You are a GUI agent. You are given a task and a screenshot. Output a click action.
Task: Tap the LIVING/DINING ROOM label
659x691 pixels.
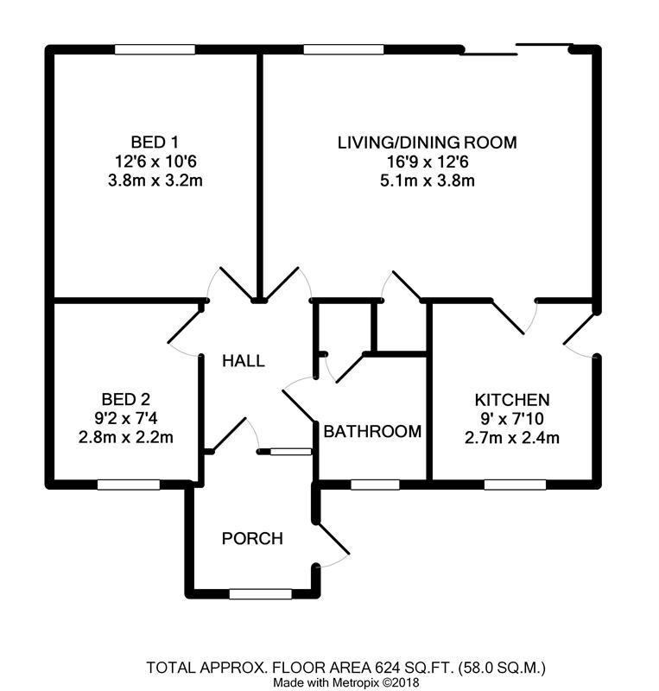[x=427, y=142]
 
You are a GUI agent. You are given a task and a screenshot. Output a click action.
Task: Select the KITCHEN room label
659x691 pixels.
[x=512, y=400]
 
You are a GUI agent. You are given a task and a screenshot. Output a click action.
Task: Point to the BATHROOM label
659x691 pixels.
[x=372, y=431]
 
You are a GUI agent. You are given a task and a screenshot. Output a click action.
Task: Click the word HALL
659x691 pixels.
[x=243, y=361]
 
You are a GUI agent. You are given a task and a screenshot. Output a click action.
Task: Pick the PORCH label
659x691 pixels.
[x=252, y=539]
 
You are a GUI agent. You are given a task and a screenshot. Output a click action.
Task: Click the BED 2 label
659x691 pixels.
[x=126, y=399]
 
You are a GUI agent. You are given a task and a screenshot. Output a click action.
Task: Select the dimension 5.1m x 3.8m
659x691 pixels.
[x=427, y=181]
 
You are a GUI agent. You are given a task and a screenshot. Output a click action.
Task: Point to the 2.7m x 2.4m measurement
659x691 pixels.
[x=512, y=438]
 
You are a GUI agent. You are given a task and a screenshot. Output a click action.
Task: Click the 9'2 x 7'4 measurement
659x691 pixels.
[x=126, y=418]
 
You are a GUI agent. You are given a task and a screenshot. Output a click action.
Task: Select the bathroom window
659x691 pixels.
[x=374, y=485]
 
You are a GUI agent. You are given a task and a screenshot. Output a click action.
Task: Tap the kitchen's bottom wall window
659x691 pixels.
[x=514, y=485]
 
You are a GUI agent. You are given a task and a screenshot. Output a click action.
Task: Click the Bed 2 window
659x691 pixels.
[x=128, y=485]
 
